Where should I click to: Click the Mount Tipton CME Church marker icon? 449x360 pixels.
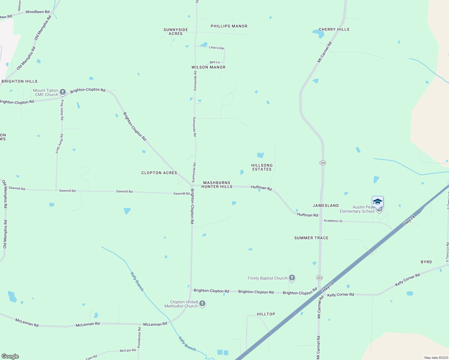62,92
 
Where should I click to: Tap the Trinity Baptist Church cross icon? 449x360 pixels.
292,278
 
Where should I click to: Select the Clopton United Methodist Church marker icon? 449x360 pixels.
202,304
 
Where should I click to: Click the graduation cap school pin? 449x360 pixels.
378,202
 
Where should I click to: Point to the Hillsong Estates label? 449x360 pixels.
262,167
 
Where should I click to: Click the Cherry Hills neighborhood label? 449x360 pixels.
334,29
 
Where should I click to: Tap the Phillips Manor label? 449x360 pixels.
229,26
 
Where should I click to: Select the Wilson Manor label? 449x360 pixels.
208,67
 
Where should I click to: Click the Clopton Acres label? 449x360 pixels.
159,173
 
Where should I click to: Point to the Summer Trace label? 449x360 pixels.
311,238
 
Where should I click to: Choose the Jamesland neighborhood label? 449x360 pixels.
326,205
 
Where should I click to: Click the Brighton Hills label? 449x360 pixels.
20,81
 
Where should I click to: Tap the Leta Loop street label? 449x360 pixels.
216,48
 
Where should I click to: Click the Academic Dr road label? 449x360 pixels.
333,221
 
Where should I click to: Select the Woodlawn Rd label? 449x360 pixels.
38,12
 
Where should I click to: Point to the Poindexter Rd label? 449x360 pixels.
139,337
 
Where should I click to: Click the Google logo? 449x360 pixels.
10,356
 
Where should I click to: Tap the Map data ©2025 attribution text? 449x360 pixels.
436,358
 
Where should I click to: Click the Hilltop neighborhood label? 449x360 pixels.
266,314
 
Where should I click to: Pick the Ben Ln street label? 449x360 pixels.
215,62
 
